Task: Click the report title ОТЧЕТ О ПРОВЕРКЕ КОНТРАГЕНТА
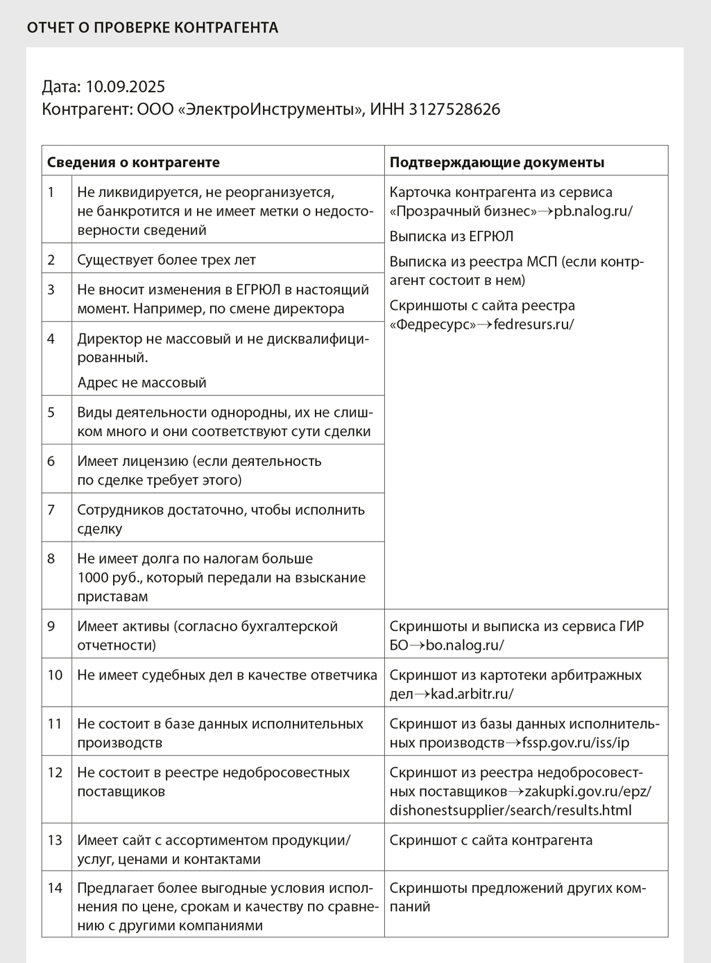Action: point(153,28)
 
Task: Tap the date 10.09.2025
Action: point(125,87)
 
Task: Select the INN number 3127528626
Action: point(454,110)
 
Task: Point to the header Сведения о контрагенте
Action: point(133,162)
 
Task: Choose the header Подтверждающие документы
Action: point(497,162)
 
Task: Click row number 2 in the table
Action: point(51,260)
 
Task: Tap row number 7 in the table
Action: point(51,510)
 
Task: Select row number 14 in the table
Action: point(55,888)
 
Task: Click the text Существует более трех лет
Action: point(166,260)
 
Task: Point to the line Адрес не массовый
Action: point(142,383)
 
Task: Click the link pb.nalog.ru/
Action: point(593,211)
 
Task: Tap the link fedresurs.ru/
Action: point(533,324)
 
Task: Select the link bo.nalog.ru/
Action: point(465,645)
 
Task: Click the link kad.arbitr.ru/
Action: point(472,694)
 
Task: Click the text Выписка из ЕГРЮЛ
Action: point(452,236)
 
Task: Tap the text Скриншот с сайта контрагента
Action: point(491,840)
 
